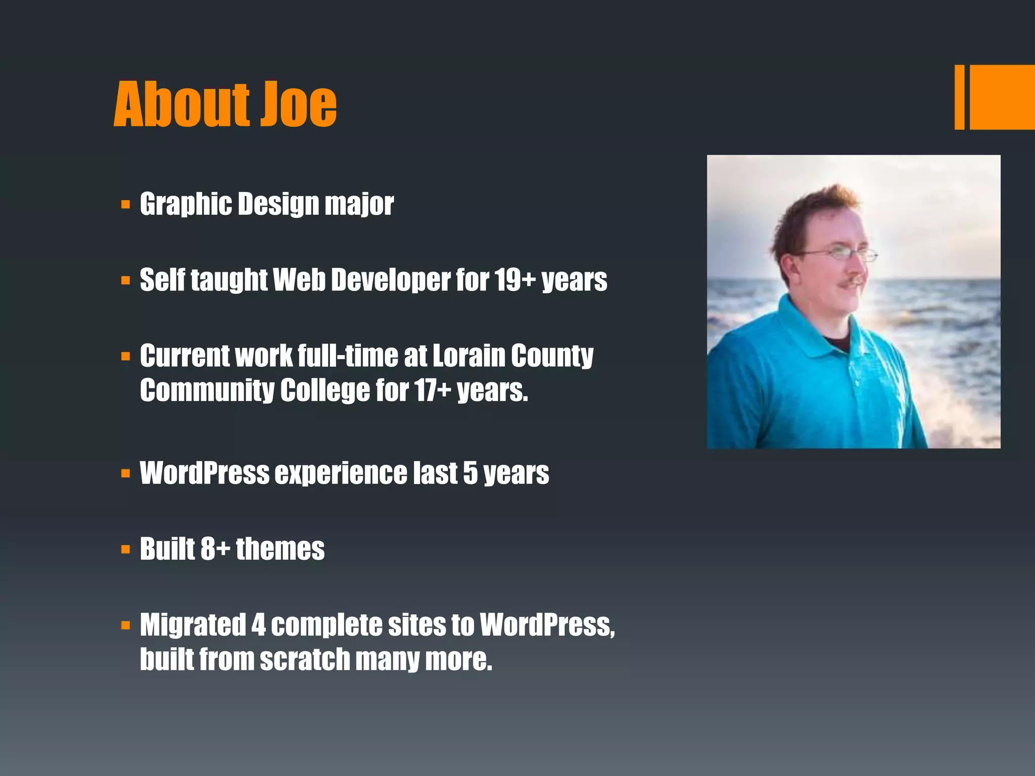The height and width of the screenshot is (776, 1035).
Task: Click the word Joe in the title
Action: [298, 105]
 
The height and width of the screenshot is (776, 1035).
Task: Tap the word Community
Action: [207, 391]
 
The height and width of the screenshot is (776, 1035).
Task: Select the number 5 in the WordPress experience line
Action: [470, 473]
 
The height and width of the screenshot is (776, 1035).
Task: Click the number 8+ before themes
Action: [215, 549]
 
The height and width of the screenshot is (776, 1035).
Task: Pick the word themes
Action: [280, 549]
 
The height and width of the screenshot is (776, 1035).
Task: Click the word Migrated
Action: [193, 625]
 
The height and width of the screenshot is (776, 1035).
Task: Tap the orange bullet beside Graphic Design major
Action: [126, 205]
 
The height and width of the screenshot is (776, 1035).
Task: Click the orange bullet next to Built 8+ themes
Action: [126, 550]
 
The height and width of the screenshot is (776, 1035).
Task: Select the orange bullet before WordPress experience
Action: [126, 474]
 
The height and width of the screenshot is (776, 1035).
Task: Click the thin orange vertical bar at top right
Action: [959, 97]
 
